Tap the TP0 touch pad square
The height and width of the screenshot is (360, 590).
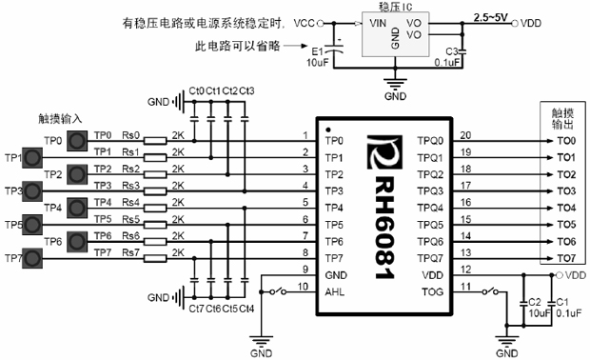tap(79, 140)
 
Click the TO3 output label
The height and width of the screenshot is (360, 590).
tap(566, 190)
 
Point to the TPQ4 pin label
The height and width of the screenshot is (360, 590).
tap(430, 208)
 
